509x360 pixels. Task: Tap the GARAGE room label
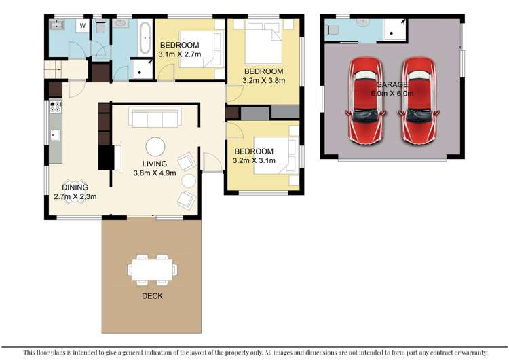click(389, 84)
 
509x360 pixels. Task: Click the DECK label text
click(152, 296)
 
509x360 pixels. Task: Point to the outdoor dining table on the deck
click(152, 269)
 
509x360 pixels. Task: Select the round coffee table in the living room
click(156, 147)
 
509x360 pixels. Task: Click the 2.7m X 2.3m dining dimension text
click(76, 197)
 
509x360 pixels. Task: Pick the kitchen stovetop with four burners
click(55, 107)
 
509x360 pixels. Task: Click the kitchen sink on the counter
click(55, 134)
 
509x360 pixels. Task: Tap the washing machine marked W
click(82, 26)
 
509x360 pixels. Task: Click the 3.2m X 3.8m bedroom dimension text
click(263, 80)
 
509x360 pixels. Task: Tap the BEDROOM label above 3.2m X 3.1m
click(254, 151)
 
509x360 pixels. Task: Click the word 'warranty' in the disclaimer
click(471, 353)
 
